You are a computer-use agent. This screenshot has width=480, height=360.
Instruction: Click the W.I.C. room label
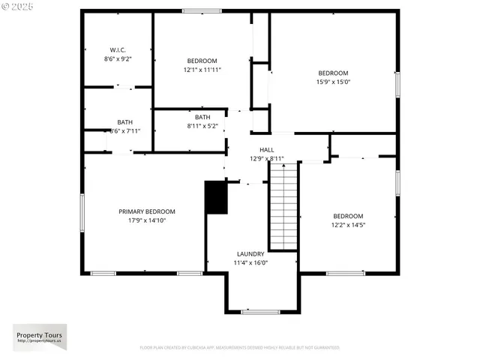click(117, 50)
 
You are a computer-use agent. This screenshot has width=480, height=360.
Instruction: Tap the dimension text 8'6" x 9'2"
click(117, 58)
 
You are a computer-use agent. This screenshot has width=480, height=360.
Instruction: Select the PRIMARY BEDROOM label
click(146, 211)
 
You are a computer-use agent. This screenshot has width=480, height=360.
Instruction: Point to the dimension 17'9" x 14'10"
click(146, 220)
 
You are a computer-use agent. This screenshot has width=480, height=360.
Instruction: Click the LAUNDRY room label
click(250, 254)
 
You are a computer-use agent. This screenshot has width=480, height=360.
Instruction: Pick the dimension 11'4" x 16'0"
click(250, 262)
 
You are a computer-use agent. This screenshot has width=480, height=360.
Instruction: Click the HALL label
click(266, 150)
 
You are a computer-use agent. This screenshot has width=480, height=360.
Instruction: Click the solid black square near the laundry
click(216, 197)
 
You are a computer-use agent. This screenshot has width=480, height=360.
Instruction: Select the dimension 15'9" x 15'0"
click(333, 82)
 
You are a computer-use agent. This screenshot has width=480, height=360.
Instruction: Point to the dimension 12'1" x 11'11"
click(202, 70)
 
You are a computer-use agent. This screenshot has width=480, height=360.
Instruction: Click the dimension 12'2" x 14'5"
click(347, 225)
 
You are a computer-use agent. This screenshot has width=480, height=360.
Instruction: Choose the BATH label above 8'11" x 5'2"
click(202, 117)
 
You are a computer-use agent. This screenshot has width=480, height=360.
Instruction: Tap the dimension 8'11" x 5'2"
click(202, 126)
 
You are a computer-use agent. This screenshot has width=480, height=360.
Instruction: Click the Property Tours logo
click(40, 337)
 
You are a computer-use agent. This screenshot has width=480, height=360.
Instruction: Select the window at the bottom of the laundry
click(260, 311)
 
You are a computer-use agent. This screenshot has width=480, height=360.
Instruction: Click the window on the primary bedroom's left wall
click(82, 211)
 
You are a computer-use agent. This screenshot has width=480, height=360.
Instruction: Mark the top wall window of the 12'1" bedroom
click(202, 11)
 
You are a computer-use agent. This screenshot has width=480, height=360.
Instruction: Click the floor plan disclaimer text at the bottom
click(240, 348)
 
